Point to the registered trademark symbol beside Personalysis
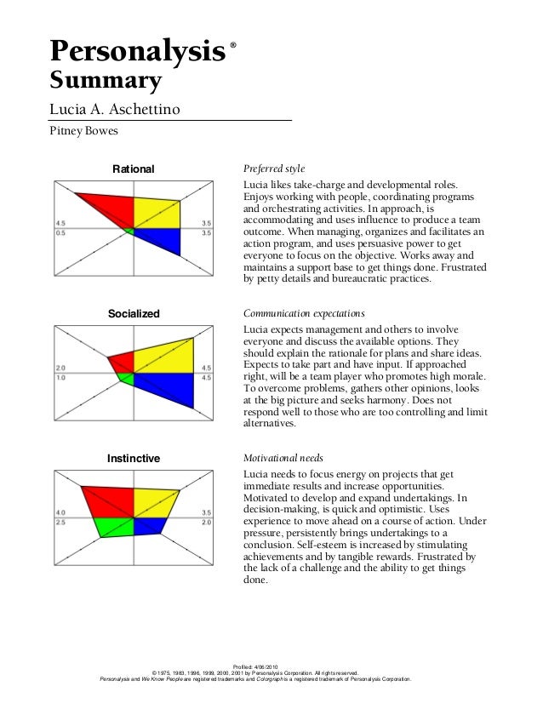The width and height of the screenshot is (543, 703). pos(233,43)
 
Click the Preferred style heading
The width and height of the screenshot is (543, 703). pos(274,169)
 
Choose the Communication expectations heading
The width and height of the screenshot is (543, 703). pos(304,314)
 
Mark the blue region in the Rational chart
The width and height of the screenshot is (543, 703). pos(162,238)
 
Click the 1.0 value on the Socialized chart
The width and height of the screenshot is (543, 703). pos(60,376)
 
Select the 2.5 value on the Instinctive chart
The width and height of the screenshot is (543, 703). pos(60,521)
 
